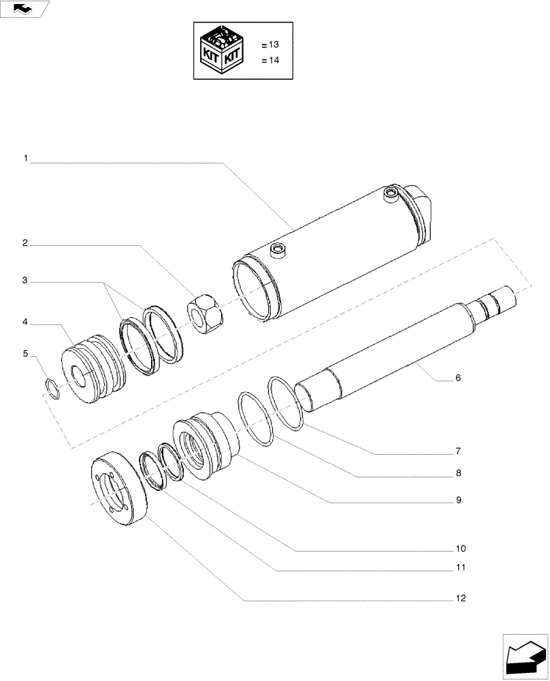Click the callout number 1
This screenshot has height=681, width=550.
[25, 158]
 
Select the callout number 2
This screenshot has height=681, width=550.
[25, 242]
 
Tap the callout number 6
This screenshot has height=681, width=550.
[458, 377]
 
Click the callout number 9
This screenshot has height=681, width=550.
[458, 500]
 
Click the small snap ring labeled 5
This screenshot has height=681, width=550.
[52, 389]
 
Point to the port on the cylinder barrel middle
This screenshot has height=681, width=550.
[277, 250]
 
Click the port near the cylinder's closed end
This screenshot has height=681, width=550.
[390, 195]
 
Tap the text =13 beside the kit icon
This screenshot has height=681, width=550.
[270, 44]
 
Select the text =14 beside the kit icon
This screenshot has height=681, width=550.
[270, 60]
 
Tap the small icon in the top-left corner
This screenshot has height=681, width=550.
[25, 9]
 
